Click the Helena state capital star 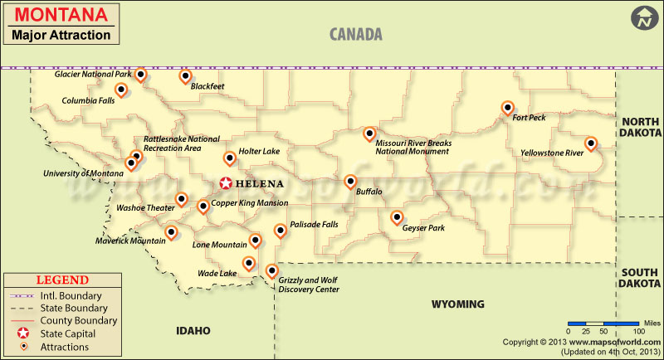(x=226, y=183)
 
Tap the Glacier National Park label (x=93, y=75)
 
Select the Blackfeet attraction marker (x=185, y=77)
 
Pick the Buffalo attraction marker (x=350, y=182)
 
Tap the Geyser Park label (x=423, y=227)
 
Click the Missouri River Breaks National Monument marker (x=369, y=134)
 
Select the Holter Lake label (x=260, y=152)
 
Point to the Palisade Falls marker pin (x=280, y=229)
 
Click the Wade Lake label (x=217, y=273)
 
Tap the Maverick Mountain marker (x=172, y=233)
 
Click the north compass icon (x=642, y=18)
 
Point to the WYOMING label (x=457, y=304)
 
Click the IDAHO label (x=193, y=330)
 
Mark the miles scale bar (x=592, y=323)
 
